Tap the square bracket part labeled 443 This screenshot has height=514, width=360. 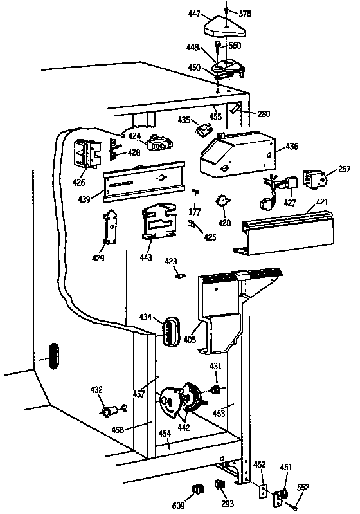coord(157,222)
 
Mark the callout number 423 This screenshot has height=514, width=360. coord(170,261)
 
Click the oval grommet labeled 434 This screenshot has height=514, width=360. coord(168,329)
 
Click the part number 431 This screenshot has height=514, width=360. coord(216,366)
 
